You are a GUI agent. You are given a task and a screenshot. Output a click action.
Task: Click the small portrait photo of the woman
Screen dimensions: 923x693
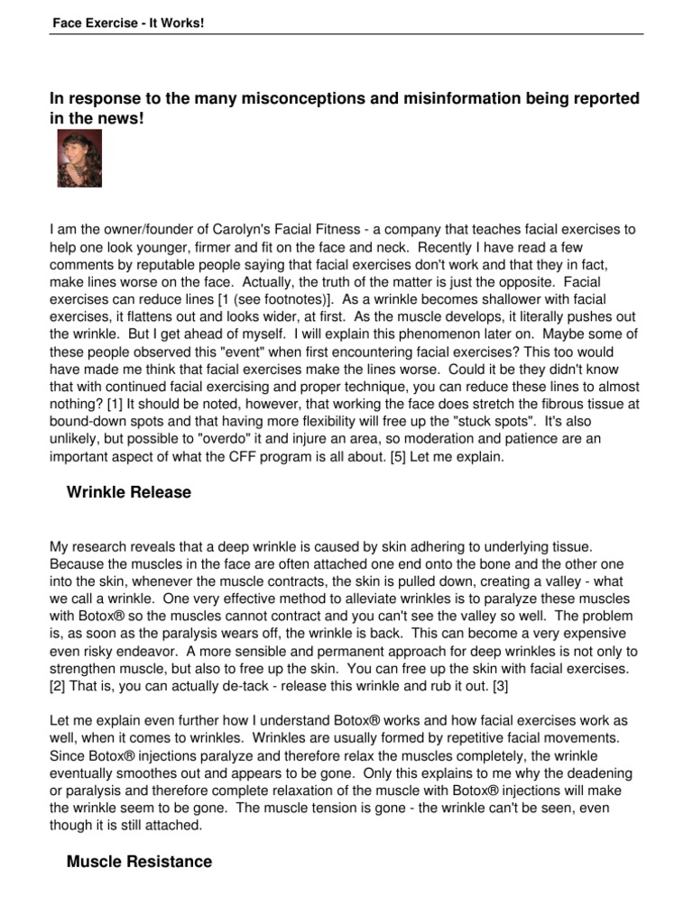[79, 158]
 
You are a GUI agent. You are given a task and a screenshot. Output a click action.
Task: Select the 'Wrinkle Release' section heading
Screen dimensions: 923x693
[129, 493]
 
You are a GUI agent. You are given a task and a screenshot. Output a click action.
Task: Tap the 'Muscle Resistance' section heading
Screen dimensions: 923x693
[140, 862]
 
